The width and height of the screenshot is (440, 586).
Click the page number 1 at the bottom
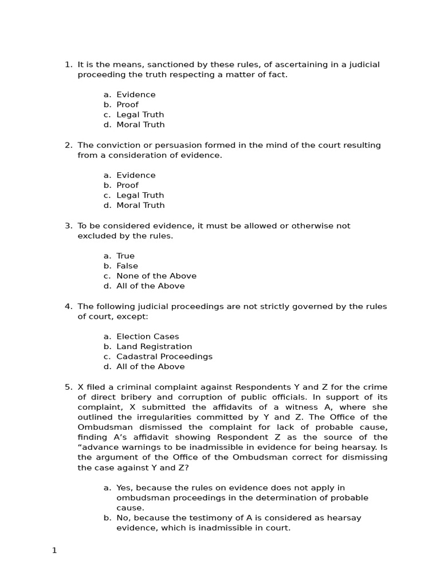(54, 551)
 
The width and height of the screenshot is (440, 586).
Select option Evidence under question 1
(136, 94)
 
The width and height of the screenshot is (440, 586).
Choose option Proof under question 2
(127, 185)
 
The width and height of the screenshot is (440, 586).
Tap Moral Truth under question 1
(140, 124)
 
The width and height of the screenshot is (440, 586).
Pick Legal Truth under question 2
(140, 195)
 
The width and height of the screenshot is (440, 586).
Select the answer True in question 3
(125, 256)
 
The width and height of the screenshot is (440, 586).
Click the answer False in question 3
(127, 266)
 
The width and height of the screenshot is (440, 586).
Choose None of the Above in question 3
(156, 276)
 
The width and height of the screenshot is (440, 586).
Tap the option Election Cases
(148, 336)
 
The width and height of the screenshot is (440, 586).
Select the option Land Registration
(154, 346)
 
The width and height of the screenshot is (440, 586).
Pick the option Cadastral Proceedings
(164, 357)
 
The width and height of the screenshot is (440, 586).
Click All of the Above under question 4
(151, 366)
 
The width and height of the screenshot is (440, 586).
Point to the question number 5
(68, 387)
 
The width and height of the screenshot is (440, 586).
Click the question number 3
(68, 225)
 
